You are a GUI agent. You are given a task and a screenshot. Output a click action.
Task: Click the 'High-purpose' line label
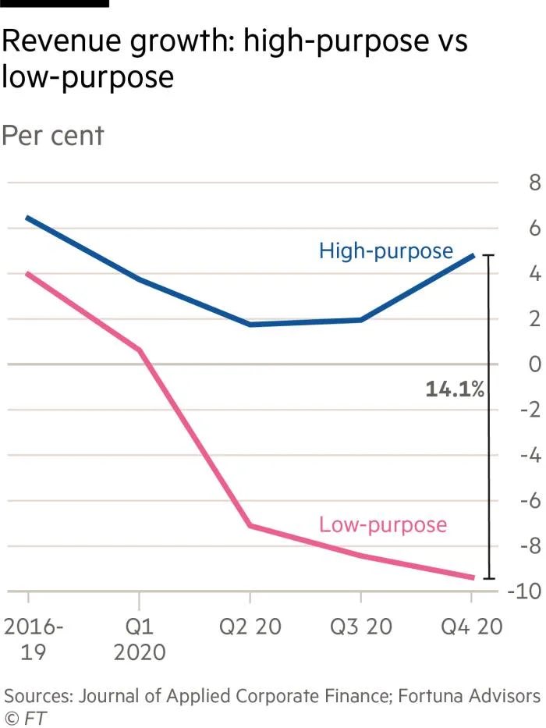(385, 251)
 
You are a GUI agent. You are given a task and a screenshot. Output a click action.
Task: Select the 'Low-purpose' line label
(383, 524)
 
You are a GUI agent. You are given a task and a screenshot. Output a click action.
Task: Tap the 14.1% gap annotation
(455, 389)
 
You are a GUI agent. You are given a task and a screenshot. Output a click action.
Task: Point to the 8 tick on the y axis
(534, 184)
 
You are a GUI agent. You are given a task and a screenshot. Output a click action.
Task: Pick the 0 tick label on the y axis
(534, 364)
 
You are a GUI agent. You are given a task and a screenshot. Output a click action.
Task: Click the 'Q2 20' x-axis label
(250, 627)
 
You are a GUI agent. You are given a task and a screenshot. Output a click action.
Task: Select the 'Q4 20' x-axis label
(471, 627)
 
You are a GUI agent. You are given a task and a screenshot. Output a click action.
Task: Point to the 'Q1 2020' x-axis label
(140, 639)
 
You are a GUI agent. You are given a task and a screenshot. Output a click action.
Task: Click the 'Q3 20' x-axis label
(360, 627)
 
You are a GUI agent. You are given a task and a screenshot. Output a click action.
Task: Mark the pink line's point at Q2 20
(250, 526)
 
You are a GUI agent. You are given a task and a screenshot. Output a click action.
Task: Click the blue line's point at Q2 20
(250, 324)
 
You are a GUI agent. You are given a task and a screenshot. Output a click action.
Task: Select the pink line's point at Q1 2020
(140, 350)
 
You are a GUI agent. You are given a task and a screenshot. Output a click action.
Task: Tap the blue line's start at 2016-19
(28, 218)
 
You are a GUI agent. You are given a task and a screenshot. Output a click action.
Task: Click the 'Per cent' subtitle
(52, 135)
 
